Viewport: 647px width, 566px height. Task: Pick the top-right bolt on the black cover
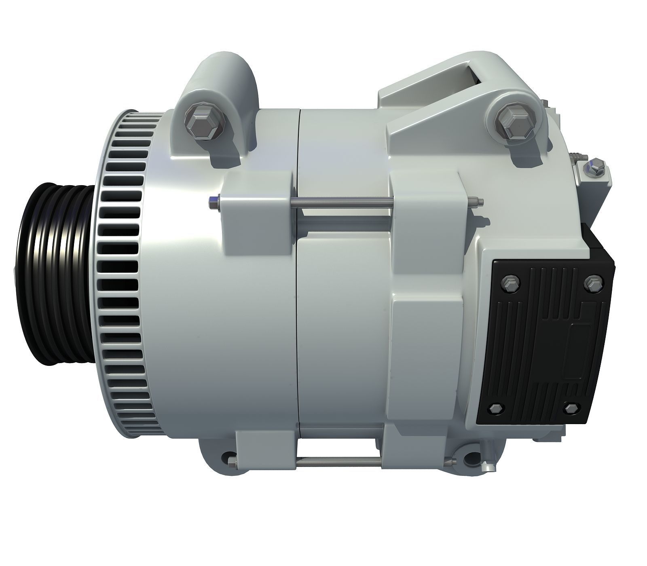[x=594, y=284]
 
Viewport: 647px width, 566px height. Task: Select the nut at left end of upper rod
[x=213, y=203]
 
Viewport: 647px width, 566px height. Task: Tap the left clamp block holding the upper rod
[x=259, y=210]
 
